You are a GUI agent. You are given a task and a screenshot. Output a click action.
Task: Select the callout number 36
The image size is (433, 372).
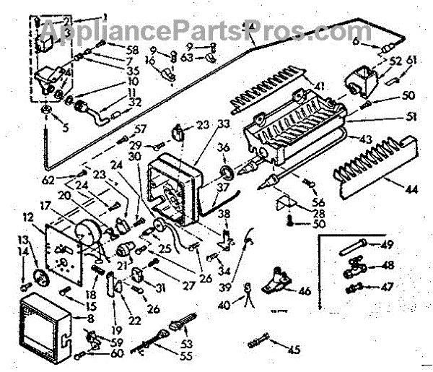tap(225, 150)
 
